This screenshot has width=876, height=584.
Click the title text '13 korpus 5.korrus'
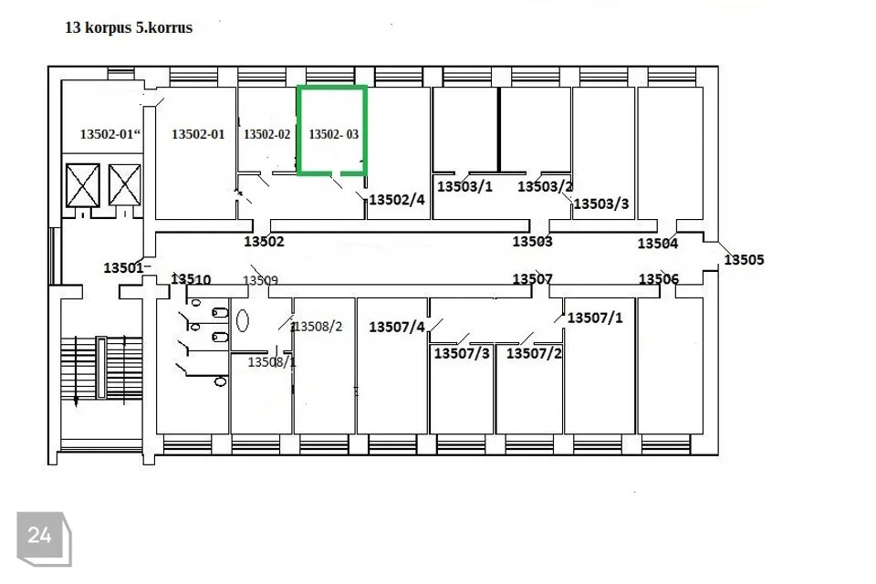pos(129,27)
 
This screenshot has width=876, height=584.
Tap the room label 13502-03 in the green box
pos(334,134)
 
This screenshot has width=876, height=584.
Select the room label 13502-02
pos(267,134)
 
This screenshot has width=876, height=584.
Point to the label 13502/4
pos(397,200)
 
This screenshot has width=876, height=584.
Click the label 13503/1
pos(464,186)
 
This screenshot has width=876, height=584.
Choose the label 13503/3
pos(601,203)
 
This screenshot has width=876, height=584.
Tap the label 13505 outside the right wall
pos(745,259)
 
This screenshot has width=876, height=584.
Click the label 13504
pos(658,243)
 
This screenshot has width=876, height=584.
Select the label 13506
pos(659,279)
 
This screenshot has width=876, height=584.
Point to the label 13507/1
pos(595,318)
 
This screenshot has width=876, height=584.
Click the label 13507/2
pos(534,353)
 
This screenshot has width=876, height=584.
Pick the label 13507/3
pos(462,353)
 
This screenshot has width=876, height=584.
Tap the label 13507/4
pos(397,327)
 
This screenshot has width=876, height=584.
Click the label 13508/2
pos(318,327)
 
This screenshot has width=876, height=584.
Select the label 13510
pos(191,279)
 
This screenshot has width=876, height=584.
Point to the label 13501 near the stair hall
pos(123,267)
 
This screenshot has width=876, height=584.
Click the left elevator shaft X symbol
pos(83,185)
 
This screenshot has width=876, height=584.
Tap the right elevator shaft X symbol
pos(125,185)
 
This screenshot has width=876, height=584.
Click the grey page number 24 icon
pos(44,538)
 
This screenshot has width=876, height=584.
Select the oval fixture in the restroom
pos(242,321)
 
